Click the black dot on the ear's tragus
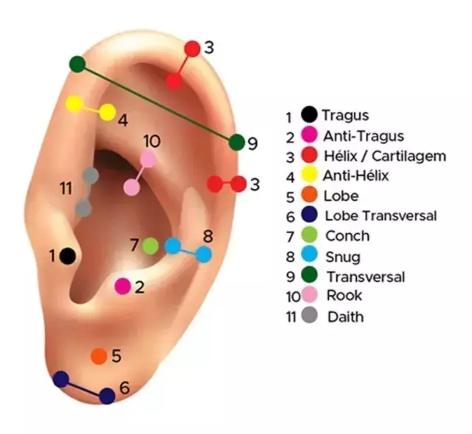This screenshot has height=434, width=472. click(67, 255)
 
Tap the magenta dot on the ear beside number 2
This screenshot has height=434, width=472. click(123, 286)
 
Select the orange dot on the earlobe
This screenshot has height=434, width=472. click(98, 356)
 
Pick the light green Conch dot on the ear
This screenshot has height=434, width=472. click(150, 245)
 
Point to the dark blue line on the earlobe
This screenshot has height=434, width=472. click(84, 388)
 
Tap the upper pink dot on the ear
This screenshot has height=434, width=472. click(148, 159)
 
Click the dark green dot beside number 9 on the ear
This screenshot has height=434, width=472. click(236, 142)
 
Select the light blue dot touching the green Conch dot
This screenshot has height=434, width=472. click(173, 246)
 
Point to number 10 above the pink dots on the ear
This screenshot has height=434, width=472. click(150, 141)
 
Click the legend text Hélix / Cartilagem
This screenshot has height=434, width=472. click(384, 156)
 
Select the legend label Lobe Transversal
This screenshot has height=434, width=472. click(380, 216)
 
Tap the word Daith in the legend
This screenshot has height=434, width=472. click(344, 317)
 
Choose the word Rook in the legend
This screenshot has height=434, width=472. click(344, 296)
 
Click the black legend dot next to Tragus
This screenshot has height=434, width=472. click(310, 115)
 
